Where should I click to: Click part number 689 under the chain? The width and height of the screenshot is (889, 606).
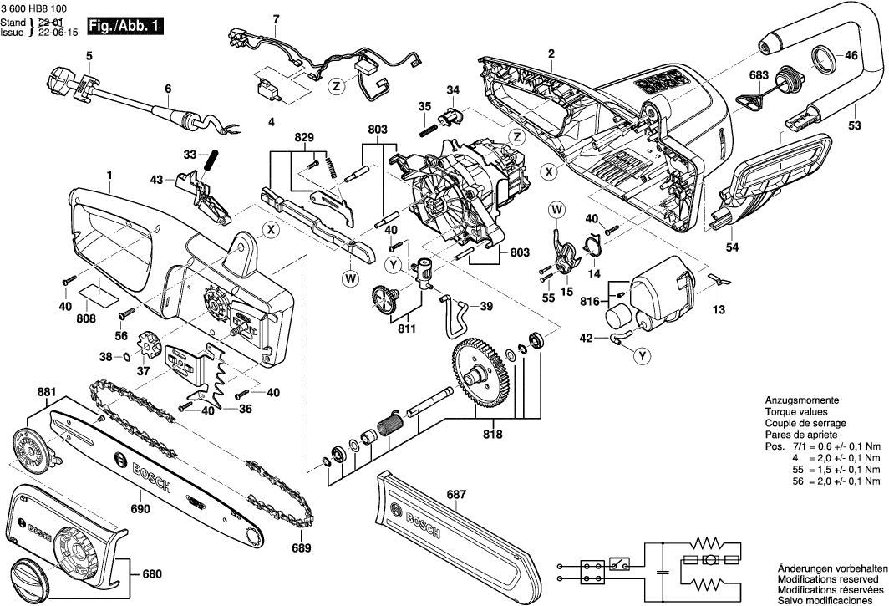point(301,548)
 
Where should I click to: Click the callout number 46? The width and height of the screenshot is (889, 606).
point(851,56)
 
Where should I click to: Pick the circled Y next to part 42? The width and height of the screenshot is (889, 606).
point(642,356)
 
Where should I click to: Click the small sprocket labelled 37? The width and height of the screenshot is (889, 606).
point(153,345)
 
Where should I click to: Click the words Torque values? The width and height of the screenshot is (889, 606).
point(795,412)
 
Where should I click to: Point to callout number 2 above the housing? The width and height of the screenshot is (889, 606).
point(551,54)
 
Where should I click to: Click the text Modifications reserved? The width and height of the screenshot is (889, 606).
point(827,578)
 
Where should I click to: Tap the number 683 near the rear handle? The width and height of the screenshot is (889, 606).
point(758,75)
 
